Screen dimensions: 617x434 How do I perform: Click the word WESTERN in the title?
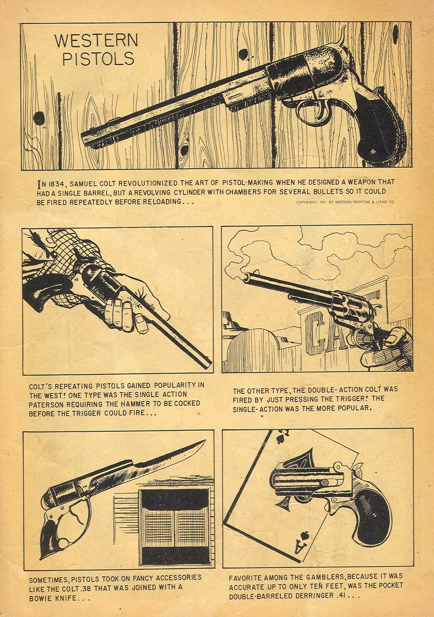click(x=96, y=41)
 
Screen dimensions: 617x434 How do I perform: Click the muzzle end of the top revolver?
click(x=87, y=139)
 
